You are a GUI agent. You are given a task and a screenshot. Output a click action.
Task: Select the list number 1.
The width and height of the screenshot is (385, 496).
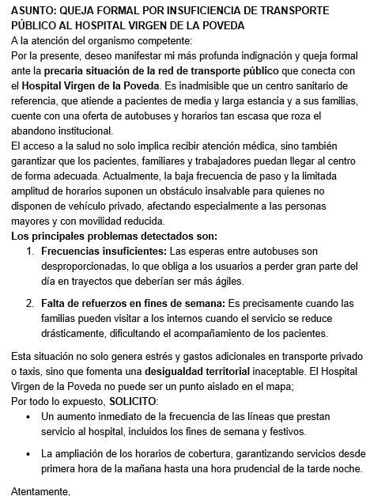tap(31, 251)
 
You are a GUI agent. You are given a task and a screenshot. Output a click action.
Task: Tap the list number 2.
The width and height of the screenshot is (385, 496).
tap(31, 303)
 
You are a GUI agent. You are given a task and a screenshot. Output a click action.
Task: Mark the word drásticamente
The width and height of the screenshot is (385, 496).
tap(77, 333)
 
